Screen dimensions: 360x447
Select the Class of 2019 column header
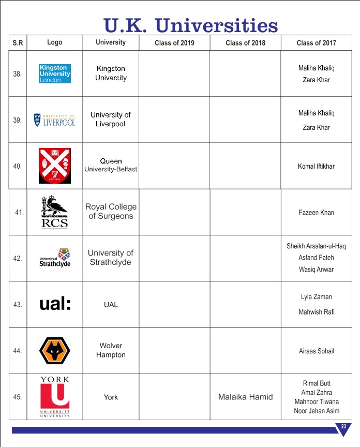pos(174,43)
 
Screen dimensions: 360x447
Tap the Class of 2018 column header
pos(245,43)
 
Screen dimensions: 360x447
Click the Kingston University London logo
pos(55,74)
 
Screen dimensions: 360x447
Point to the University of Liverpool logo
pos(54,120)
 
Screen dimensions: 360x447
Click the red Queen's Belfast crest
pos(54,166)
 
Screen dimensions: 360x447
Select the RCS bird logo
pos(54,212)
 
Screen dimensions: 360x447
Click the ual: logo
pos(55,304)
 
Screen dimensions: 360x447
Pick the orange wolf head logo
pos(55,350)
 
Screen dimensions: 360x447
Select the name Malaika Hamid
pos(245,397)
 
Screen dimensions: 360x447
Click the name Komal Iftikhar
pos(316,166)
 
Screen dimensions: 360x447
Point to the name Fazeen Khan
pos(316,212)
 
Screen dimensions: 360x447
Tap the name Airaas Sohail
pos(316,351)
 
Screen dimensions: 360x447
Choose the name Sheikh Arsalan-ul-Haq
pos(316,246)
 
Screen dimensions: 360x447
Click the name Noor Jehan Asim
pos(317,411)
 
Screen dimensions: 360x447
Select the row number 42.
pos(18,258)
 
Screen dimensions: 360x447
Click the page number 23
pos(343,427)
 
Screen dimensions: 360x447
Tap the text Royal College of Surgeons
pos(111,212)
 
